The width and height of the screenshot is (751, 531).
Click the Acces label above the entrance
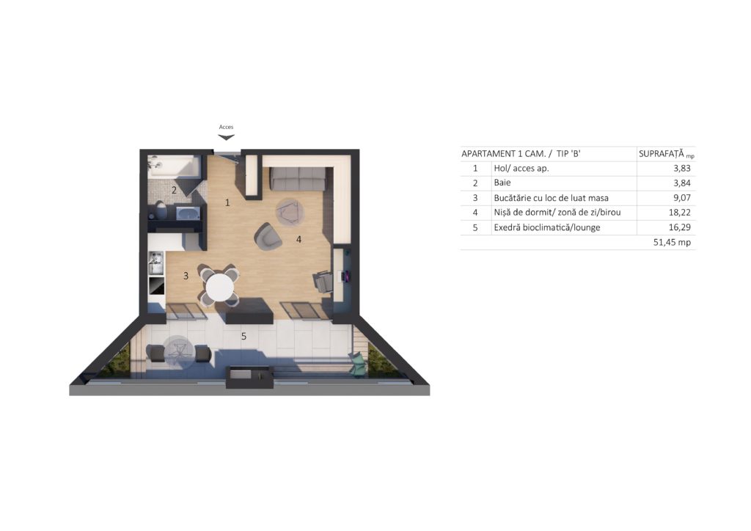(x=226, y=127)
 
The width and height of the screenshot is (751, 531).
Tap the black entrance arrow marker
(x=226, y=137)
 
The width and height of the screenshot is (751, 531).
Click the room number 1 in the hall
(x=227, y=202)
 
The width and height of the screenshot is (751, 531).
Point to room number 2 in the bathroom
(x=174, y=190)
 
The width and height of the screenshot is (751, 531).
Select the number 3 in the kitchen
(x=186, y=276)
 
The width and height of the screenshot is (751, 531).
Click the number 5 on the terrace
(x=243, y=337)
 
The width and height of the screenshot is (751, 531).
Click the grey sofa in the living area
(x=299, y=178)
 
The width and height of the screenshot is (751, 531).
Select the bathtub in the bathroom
(x=173, y=166)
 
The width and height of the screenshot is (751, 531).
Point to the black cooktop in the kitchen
(x=157, y=286)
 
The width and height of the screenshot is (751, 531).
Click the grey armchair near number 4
(x=268, y=237)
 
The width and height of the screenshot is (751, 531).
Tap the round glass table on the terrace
(x=179, y=352)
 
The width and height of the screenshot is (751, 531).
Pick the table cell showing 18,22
(x=680, y=213)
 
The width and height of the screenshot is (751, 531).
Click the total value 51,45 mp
(x=672, y=242)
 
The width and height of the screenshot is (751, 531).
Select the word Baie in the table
(x=502, y=183)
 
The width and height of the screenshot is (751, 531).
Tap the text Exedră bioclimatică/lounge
(x=547, y=227)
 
